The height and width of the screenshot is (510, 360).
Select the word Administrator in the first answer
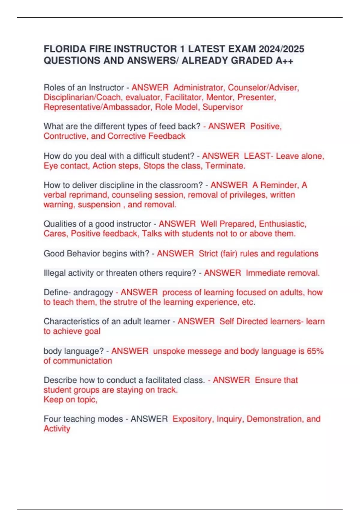[x=198, y=88]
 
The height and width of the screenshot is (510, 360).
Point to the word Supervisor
[x=223, y=107]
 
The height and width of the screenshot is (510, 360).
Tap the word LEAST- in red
[x=258, y=156]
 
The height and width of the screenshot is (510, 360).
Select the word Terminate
[x=225, y=166]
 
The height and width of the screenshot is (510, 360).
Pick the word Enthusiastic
[x=283, y=224]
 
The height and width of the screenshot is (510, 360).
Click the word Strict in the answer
[x=208, y=254]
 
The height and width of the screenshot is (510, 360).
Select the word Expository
[x=192, y=419]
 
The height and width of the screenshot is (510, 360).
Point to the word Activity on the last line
[x=57, y=429]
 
